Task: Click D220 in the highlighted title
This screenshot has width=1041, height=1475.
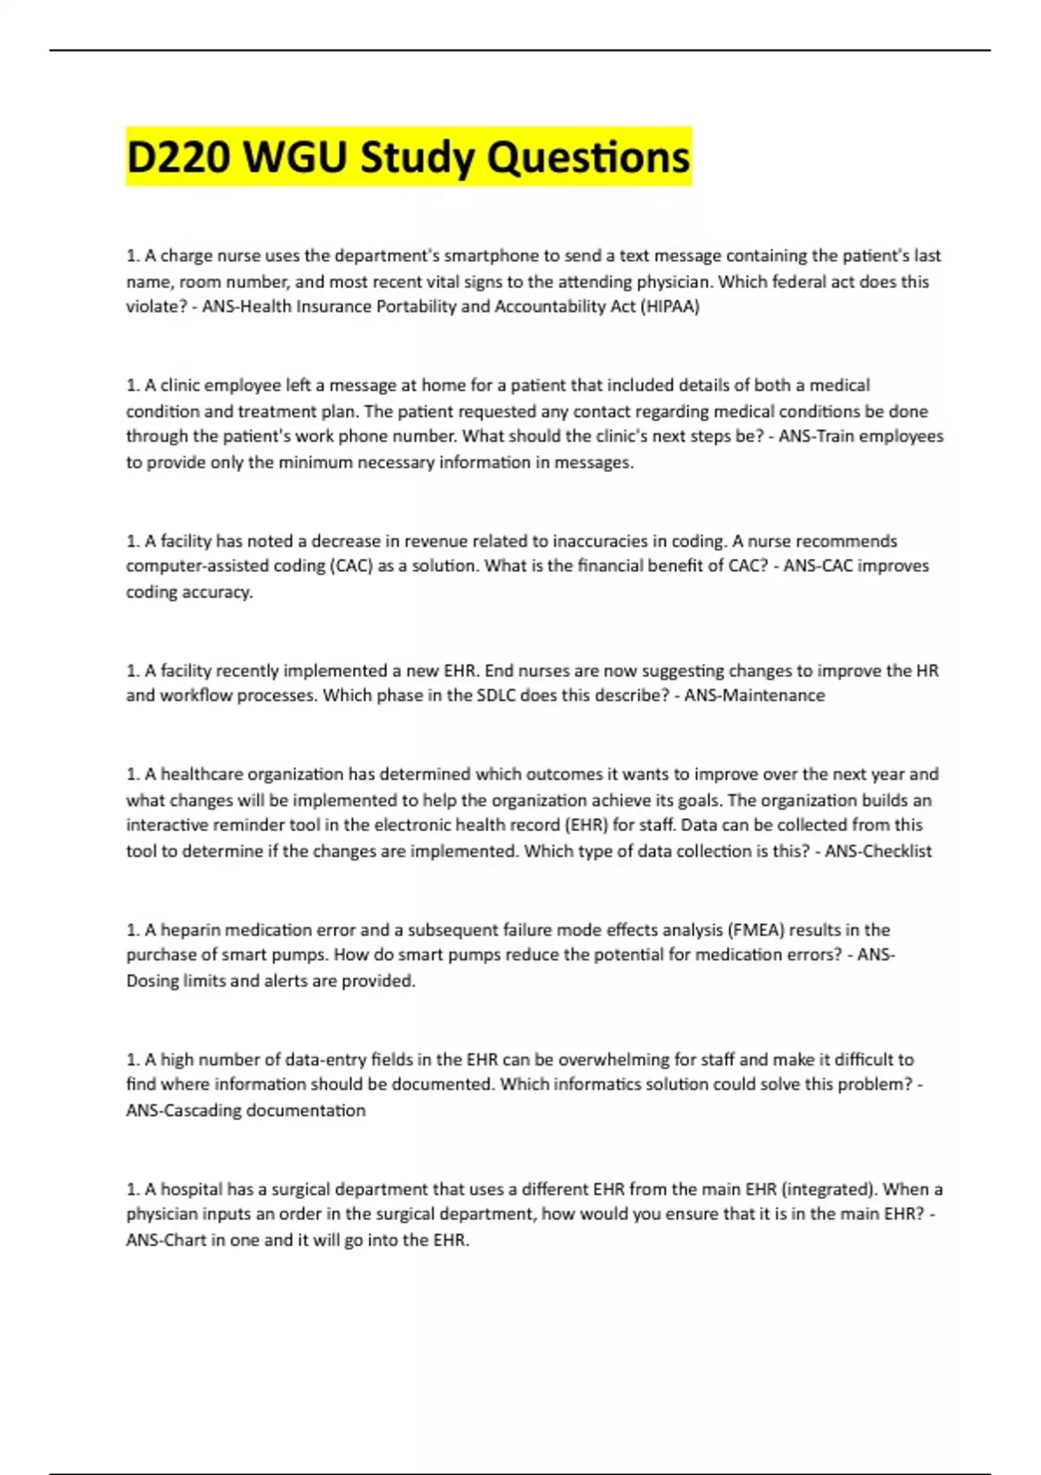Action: [x=179, y=158]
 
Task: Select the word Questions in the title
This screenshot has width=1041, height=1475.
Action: [x=588, y=158]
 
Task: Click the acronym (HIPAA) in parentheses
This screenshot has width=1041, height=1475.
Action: [x=669, y=306]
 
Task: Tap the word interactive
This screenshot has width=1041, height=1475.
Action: [x=171, y=825]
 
